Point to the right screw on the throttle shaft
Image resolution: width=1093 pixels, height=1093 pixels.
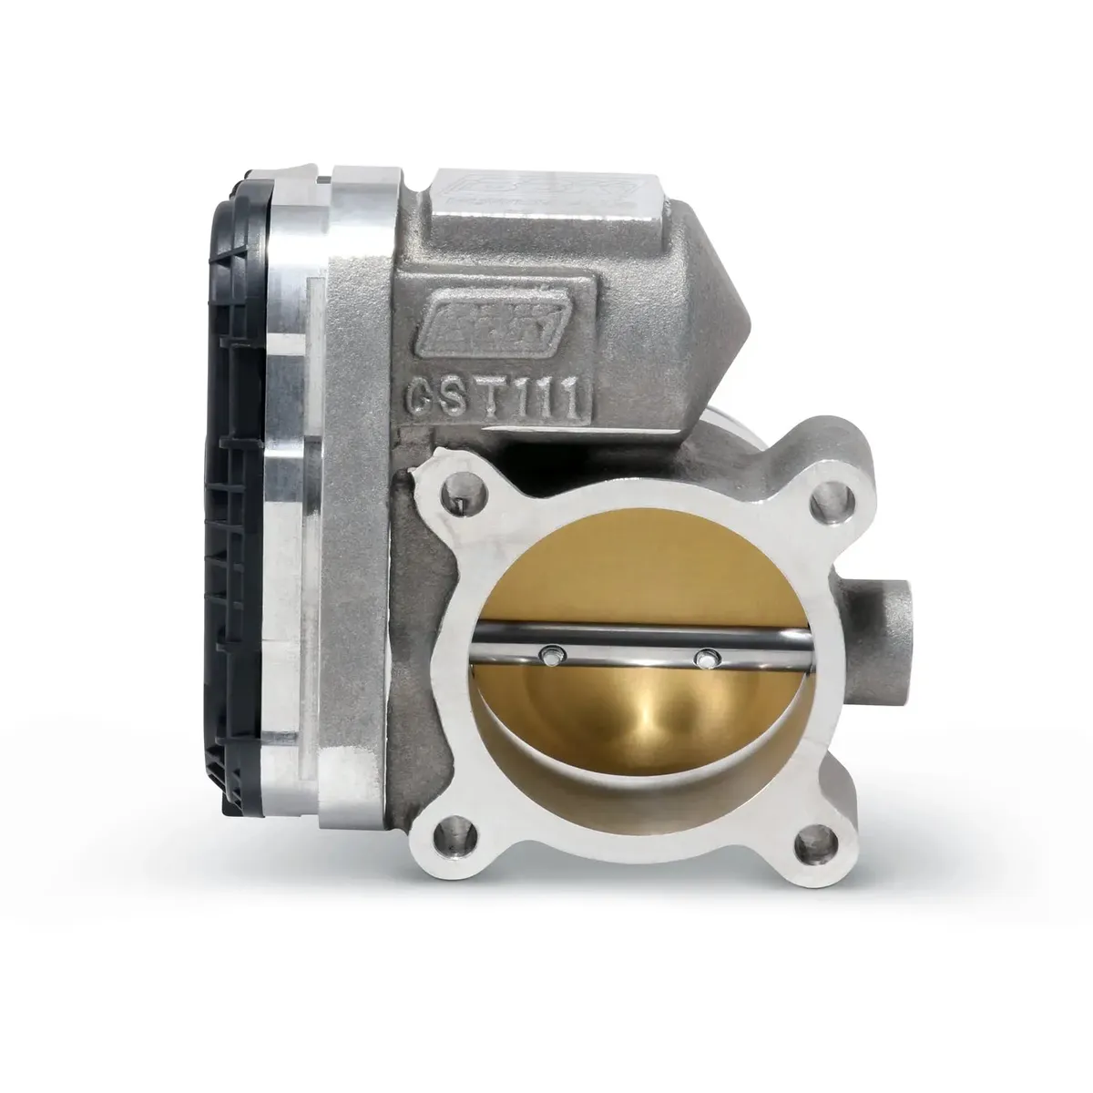click(x=704, y=656)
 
